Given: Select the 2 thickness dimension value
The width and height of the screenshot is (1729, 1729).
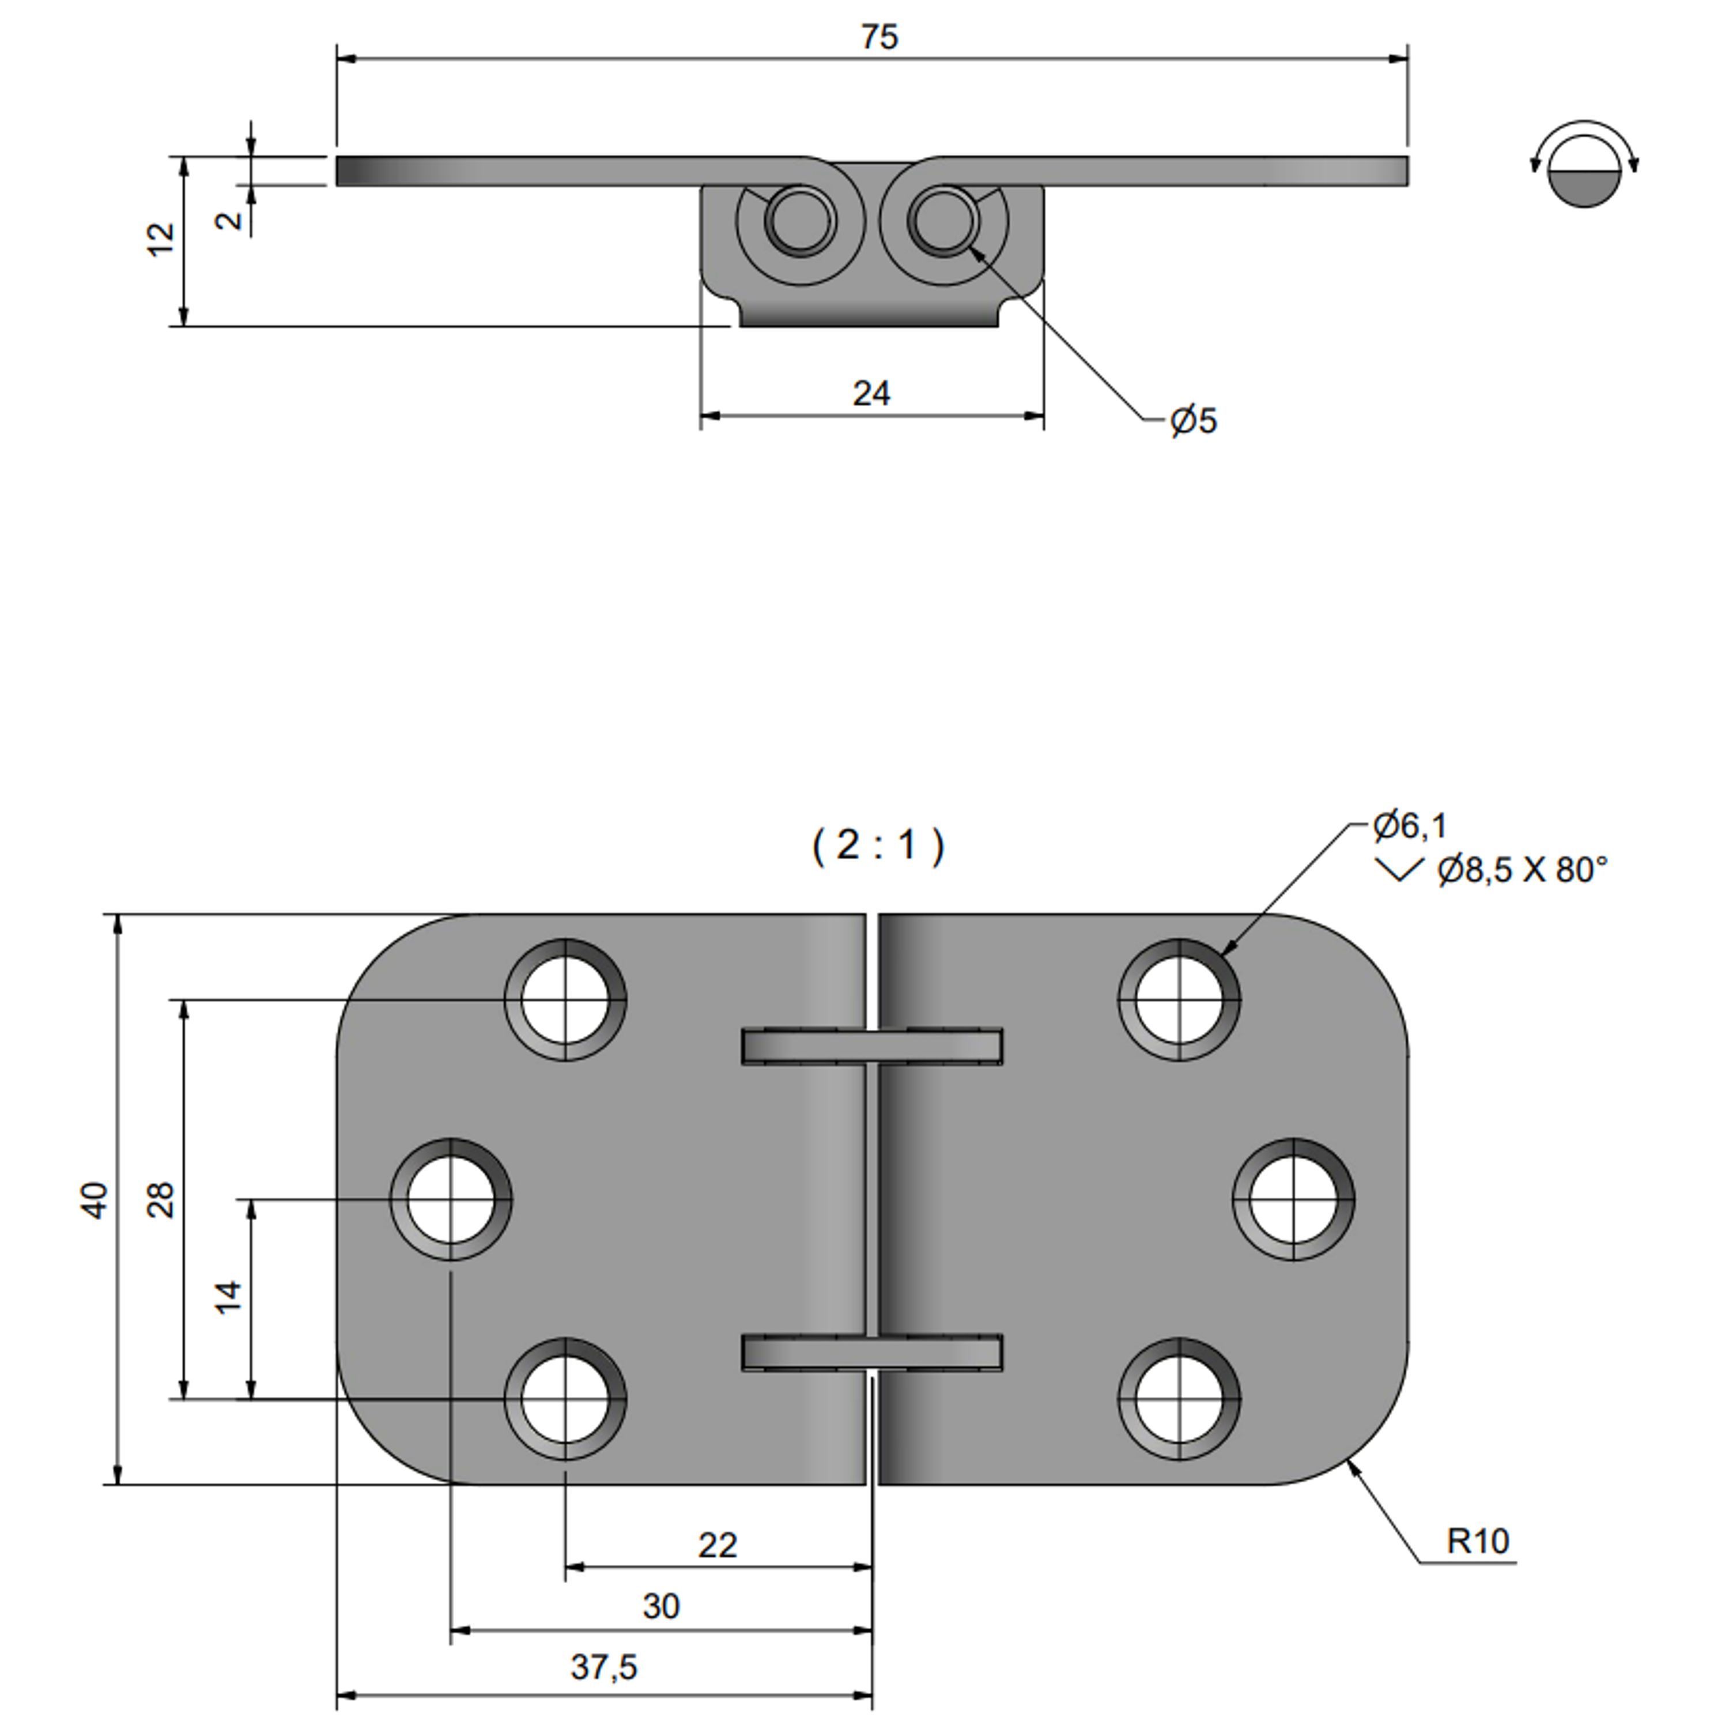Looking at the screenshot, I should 230,218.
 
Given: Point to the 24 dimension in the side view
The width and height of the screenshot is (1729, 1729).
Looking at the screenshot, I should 871,394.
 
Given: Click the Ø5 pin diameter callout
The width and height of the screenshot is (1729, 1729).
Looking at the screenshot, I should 1194,421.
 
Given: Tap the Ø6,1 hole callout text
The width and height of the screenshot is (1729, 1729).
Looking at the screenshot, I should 1410,826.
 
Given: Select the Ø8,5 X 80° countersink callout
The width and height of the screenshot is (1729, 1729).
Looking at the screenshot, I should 1522,870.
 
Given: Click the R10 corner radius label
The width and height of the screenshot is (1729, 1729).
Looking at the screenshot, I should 1478,1541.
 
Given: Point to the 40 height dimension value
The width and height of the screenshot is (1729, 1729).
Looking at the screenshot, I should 95,1200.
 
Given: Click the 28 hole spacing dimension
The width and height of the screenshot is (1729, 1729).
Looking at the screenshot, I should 161,1200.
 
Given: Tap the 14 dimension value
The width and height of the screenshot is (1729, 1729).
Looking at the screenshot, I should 229,1297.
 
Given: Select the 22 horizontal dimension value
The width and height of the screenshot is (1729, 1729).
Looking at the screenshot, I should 717,1546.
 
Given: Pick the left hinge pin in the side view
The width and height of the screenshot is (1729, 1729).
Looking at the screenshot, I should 799,219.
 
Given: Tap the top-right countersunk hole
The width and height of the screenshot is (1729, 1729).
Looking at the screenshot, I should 1179,999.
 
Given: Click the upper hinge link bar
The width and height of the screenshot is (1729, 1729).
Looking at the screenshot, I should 871,1046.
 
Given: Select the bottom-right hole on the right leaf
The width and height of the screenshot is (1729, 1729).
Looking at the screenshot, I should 1179,1399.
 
